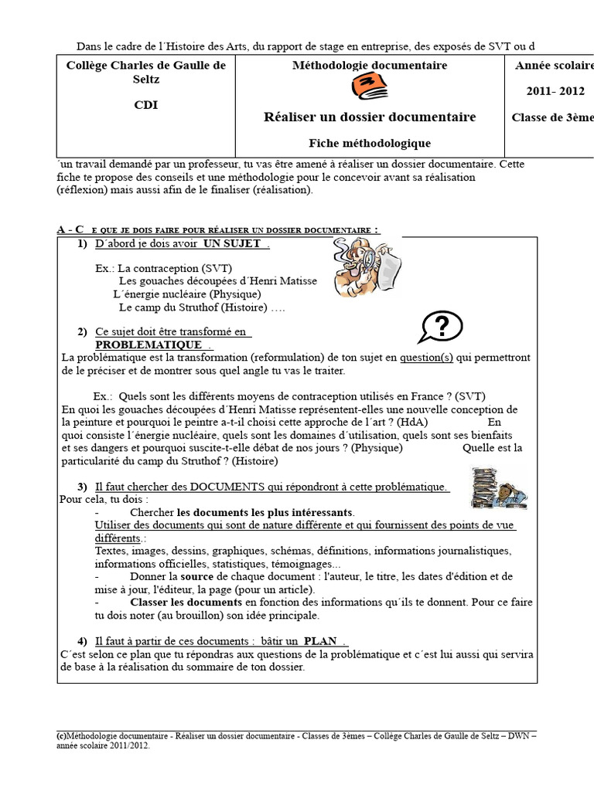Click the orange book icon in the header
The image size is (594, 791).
tap(368, 88)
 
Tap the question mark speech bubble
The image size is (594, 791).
tap(441, 328)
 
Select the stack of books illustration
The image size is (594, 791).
tap(497, 489)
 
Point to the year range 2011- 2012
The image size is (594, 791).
tap(555, 91)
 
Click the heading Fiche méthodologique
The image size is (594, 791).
tap(370, 143)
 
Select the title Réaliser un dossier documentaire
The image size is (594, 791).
tap(370, 117)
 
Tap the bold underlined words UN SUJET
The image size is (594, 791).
tap(232, 244)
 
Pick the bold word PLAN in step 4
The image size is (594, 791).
tap(320, 641)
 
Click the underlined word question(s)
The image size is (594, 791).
tap(425, 358)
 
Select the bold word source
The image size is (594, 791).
tap(196, 577)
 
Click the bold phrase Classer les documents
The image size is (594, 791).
tap(186, 602)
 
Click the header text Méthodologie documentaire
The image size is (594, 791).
tap(370, 66)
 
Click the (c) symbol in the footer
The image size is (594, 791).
tap(61, 735)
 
